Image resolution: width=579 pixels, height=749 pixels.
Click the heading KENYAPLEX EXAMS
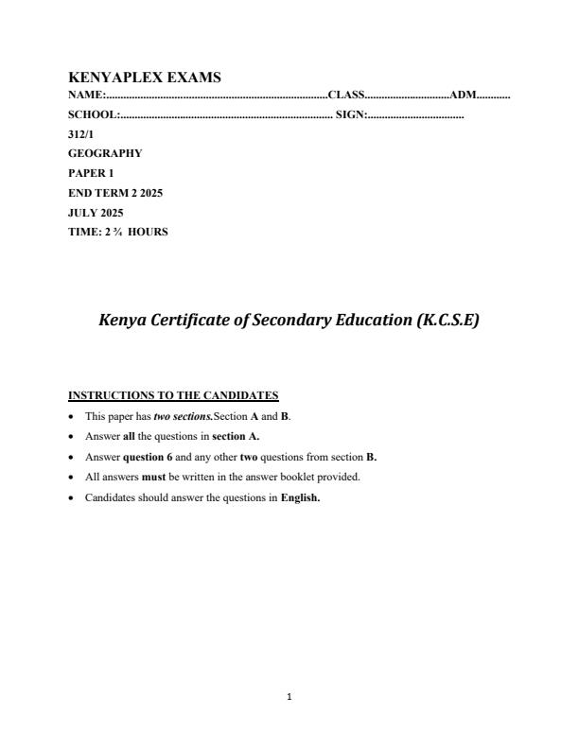pyautogui.click(x=145, y=78)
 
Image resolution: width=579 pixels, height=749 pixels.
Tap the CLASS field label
pyautogui.click(x=345, y=96)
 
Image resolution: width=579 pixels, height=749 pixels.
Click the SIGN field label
pyautogui.click(x=350, y=114)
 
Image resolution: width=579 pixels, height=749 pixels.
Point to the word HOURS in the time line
pyautogui.click(x=149, y=232)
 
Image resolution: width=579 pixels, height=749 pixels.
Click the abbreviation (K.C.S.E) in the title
pyautogui.click(x=447, y=321)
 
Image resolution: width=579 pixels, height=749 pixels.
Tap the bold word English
pyautogui.click(x=301, y=497)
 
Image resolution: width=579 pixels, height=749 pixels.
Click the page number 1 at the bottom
pyautogui.click(x=289, y=697)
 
